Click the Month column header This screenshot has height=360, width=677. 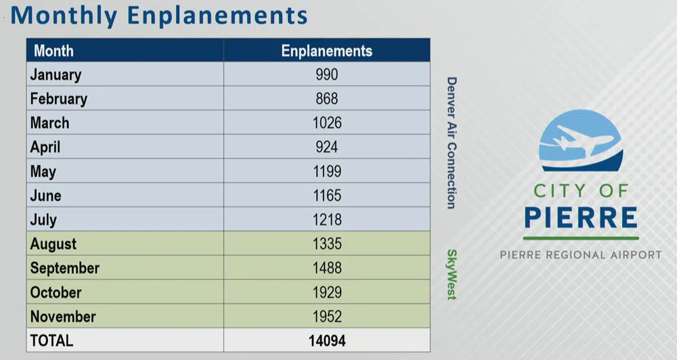click(x=53, y=51)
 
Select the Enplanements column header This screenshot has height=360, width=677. click(x=327, y=51)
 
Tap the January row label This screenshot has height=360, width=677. click(x=56, y=74)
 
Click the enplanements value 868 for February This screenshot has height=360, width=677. click(x=327, y=98)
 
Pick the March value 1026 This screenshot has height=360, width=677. click(x=327, y=122)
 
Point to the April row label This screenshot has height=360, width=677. click(x=45, y=148)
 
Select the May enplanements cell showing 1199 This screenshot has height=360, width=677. click(x=327, y=171)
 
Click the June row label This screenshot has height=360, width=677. click(x=46, y=196)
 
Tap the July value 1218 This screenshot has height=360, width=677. click(x=327, y=220)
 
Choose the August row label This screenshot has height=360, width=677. click(x=53, y=244)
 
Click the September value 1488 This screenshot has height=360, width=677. click(x=327, y=268)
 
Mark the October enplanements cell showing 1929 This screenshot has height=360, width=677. click(x=327, y=292)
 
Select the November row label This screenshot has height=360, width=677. click(x=63, y=317)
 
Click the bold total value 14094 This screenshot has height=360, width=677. click(x=327, y=340)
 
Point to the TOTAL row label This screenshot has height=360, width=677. click(x=51, y=340)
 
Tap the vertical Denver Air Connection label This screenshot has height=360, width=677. click(x=451, y=143)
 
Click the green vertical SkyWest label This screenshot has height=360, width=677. click(x=451, y=275)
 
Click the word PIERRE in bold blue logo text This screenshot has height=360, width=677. click(x=581, y=217)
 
